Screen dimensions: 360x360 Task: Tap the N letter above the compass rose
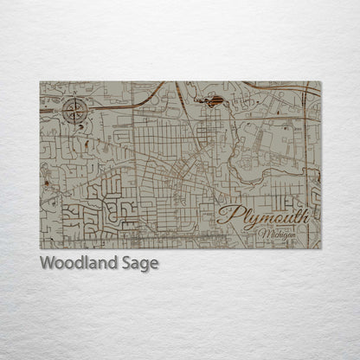(75, 98)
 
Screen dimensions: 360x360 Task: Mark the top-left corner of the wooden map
(40, 81)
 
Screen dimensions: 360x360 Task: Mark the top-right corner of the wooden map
(320, 81)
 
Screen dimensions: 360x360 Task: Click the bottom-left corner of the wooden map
(40, 248)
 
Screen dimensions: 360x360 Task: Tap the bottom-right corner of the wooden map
(320, 248)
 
